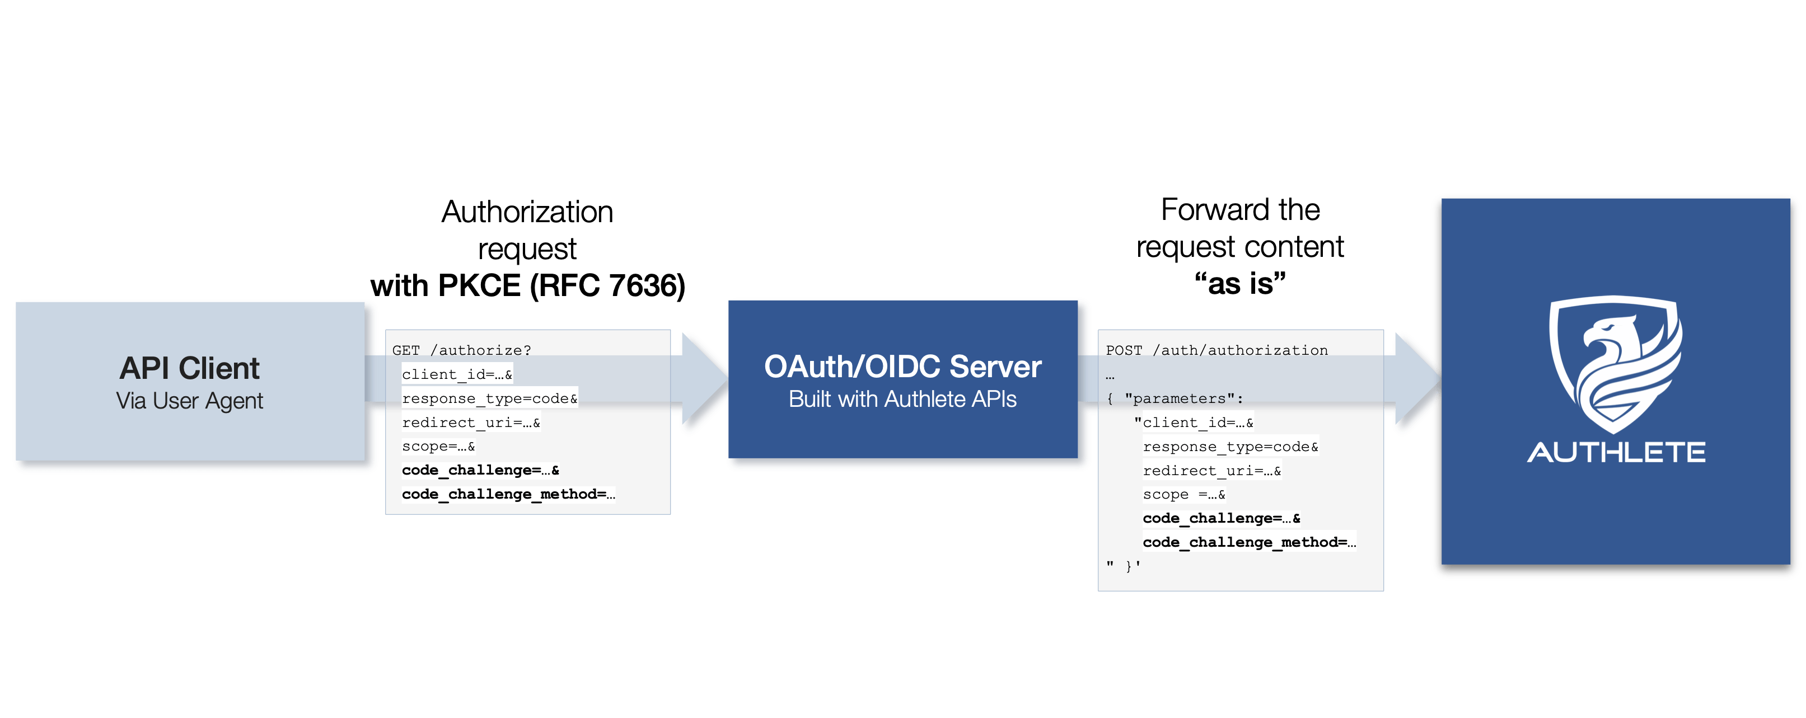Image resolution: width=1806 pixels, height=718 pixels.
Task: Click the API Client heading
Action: tap(189, 368)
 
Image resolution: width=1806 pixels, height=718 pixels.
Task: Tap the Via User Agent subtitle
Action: tap(189, 401)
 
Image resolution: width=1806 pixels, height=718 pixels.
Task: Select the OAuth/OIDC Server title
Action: tap(902, 367)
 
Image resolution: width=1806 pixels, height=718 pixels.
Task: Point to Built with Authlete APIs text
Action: tap(902, 399)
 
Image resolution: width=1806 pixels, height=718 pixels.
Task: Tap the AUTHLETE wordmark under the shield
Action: tap(1616, 452)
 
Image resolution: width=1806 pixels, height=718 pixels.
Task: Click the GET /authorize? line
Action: tap(461, 350)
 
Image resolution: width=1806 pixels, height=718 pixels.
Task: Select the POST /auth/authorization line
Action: tap(1217, 350)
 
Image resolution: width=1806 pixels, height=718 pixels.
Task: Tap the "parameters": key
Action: tap(1183, 398)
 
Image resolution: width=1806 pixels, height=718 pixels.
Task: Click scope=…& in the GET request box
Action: tap(438, 447)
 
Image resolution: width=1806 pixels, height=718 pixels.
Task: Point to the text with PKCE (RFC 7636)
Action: tap(528, 285)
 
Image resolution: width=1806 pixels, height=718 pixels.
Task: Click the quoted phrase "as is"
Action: tap(1239, 283)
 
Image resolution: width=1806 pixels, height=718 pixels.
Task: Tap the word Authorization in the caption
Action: tap(527, 212)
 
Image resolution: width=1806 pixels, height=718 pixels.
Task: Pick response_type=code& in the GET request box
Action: tap(489, 398)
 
